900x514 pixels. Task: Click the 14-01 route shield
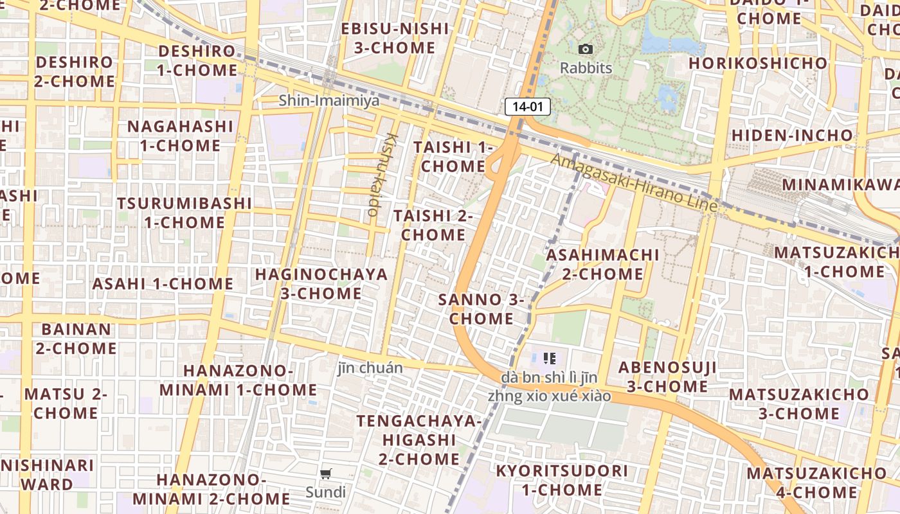click(528, 107)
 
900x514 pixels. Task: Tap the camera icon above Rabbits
click(585, 49)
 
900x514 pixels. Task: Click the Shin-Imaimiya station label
click(329, 101)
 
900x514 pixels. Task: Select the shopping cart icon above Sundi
click(325, 474)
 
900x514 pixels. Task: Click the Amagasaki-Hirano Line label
click(634, 182)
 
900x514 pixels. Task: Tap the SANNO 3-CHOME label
click(482, 309)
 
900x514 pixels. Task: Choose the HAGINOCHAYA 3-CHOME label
click(321, 284)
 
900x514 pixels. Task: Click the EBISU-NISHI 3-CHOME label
click(395, 38)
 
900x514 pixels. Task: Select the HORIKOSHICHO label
click(757, 63)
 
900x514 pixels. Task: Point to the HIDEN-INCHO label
click(792, 136)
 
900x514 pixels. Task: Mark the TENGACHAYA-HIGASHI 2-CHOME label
click(419, 440)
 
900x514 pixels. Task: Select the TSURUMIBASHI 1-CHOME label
click(184, 213)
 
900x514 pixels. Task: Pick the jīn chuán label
click(370, 368)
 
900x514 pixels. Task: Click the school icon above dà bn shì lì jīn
click(549, 358)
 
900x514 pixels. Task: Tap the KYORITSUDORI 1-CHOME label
click(561, 480)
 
